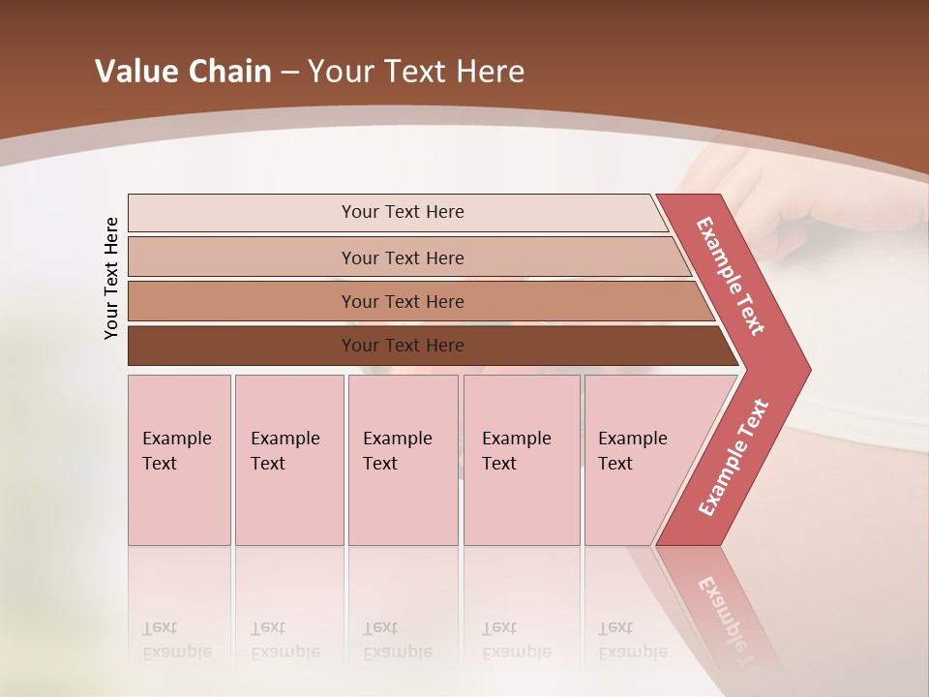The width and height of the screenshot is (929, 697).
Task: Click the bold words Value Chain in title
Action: pyautogui.click(x=183, y=72)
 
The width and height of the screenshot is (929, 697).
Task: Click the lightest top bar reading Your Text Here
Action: pyautogui.click(x=402, y=212)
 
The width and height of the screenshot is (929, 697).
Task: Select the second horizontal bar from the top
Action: pyautogui.click(x=402, y=258)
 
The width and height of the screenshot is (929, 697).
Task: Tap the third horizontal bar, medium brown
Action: pyautogui.click(x=402, y=301)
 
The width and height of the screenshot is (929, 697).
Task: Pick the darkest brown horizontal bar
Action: pyautogui.click(x=402, y=346)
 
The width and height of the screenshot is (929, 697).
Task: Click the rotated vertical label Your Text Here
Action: pyautogui.click(x=111, y=278)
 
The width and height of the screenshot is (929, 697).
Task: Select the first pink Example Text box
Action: pyautogui.click(x=179, y=459)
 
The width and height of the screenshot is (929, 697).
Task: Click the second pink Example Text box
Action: pyautogui.click(x=288, y=459)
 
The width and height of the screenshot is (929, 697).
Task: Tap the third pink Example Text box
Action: pyautogui.click(x=403, y=459)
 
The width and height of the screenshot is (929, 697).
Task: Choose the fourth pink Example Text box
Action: pyautogui.click(x=521, y=459)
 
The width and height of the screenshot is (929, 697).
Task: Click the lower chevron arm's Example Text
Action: pyautogui.click(x=734, y=457)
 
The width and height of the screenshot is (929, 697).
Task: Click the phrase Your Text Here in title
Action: pyautogui.click(x=416, y=72)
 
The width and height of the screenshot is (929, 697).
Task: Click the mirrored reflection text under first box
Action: pyautogui.click(x=177, y=640)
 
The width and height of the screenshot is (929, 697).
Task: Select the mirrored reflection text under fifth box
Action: pyautogui.click(x=632, y=640)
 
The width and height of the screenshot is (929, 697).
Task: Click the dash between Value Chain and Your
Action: pyautogui.click(x=289, y=73)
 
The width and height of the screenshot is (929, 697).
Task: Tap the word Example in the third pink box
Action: pyautogui.click(x=397, y=439)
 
